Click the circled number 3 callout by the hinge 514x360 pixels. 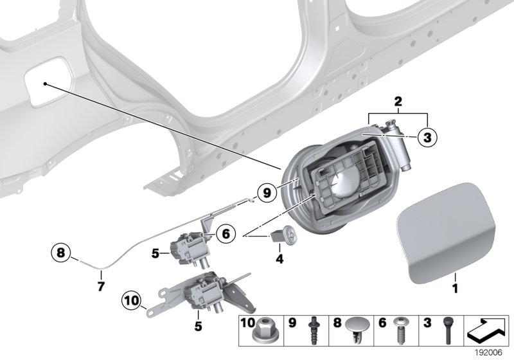[x=426, y=137]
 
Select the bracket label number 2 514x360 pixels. [x=398, y=102]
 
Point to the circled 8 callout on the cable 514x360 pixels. [x=61, y=253]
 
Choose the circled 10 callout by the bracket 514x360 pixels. [x=131, y=300]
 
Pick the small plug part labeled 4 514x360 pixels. [x=283, y=236]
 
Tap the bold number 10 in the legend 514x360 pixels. [x=247, y=321]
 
